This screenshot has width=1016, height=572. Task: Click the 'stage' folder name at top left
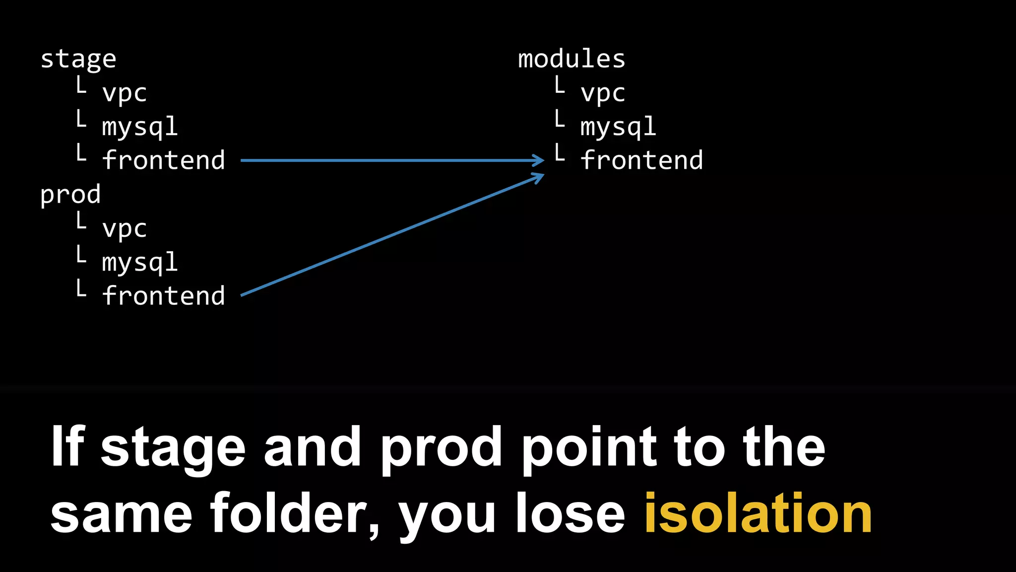coord(78,60)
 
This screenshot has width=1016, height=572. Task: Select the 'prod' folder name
coord(70,195)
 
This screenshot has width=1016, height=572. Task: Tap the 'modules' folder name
coord(571,59)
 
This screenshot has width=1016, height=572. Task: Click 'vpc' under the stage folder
coord(125,93)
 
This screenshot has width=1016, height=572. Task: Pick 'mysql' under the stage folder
coord(140,127)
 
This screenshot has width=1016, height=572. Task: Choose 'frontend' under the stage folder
coord(164,160)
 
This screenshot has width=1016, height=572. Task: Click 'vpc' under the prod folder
coord(125,229)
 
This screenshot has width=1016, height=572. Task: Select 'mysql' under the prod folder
coord(140,263)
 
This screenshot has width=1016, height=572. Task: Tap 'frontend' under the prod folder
coord(164,296)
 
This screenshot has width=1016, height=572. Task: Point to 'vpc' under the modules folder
coord(603,93)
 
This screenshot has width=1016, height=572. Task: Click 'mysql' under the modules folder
coord(618,127)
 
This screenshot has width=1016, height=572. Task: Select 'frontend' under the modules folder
coord(641,160)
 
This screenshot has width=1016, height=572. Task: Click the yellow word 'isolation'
coord(758,513)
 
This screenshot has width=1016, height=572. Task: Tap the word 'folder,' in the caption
coord(295,513)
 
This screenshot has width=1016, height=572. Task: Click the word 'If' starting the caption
coord(67,447)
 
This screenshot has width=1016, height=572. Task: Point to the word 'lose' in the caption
coord(570,513)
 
